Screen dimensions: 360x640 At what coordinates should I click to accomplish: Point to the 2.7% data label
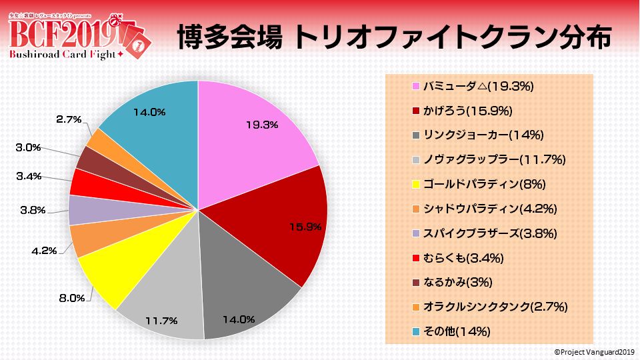tap(69, 119)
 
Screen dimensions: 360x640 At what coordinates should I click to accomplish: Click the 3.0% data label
tap(28, 147)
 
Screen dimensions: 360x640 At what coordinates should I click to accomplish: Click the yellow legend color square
tap(416, 184)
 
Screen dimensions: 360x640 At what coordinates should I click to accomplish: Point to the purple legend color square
tap(416, 233)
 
